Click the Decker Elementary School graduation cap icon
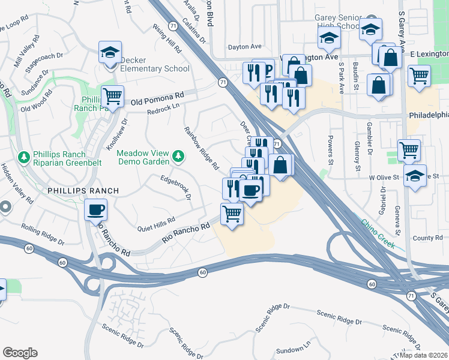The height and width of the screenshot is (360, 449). coord(110,52)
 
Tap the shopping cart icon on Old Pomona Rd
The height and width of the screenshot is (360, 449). coord(112,95)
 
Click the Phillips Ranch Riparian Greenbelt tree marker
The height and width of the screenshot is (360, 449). coord(25,157)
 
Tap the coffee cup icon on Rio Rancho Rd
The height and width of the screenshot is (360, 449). coord(96,210)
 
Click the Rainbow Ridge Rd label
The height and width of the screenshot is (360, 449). coord(201,148)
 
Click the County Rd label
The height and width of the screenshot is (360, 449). coord(427,238)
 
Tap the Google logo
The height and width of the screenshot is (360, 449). coord(20,353)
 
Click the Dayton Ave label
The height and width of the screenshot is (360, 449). coord(244,46)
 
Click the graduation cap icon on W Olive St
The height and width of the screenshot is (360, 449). coord(415,176)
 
